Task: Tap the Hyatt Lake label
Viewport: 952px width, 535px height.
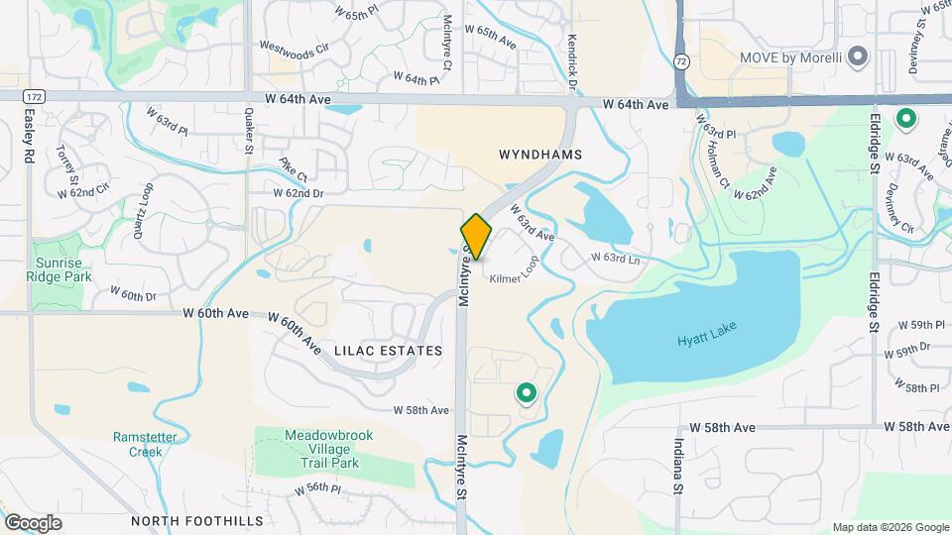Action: coord(708,339)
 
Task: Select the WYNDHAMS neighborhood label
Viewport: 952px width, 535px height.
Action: coord(539,156)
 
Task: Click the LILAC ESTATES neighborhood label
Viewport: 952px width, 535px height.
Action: coord(388,351)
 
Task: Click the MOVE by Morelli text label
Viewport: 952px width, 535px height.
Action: coord(790,57)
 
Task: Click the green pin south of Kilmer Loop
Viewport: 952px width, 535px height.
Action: coord(526,394)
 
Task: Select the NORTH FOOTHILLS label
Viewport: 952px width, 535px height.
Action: coord(197,520)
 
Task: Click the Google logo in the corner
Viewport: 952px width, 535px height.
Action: coord(33,522)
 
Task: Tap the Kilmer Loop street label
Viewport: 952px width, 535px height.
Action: coord(512,279)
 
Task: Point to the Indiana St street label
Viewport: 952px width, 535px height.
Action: coord(680,466)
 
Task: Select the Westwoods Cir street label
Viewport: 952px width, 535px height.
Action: coord(293,46)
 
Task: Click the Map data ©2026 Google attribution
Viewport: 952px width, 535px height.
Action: coord(890,527)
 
